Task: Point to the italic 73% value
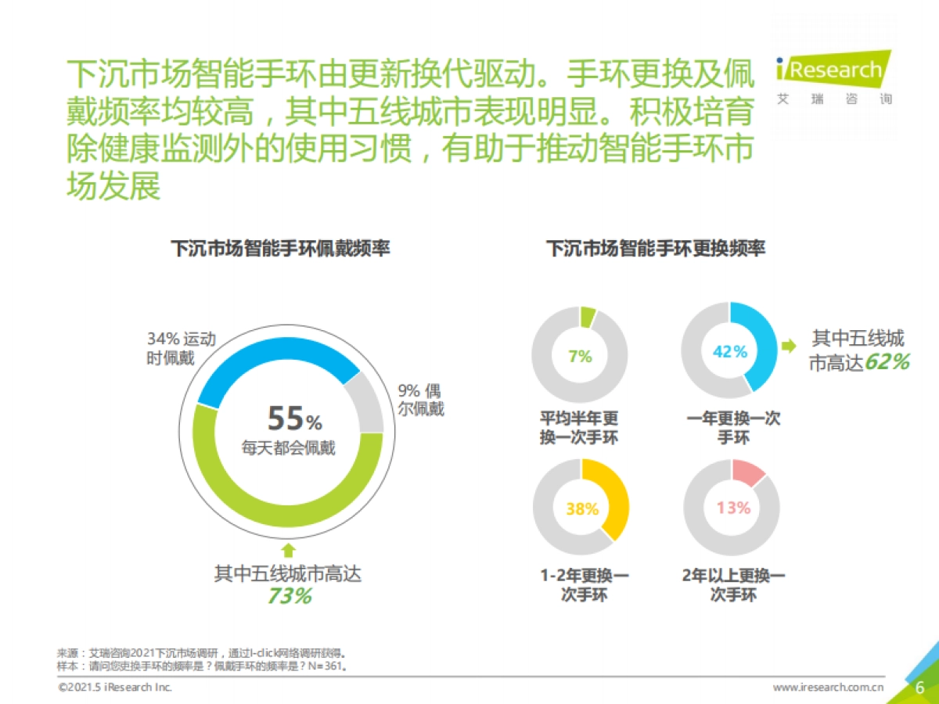[290, 597]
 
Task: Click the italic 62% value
[887, 362]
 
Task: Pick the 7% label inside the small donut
[580, 357]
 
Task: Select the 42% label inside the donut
[730, 352]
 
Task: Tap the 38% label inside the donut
[581, 509]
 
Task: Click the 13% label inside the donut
[733, 508]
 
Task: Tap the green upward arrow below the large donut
[289, 550]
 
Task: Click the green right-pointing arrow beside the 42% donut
[790, 345]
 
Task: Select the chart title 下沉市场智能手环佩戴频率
[280, 250]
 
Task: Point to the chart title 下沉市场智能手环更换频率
[656, 250]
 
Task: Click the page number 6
[920, 687]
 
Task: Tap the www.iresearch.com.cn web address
[829, 688]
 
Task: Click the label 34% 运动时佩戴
[180, 349]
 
